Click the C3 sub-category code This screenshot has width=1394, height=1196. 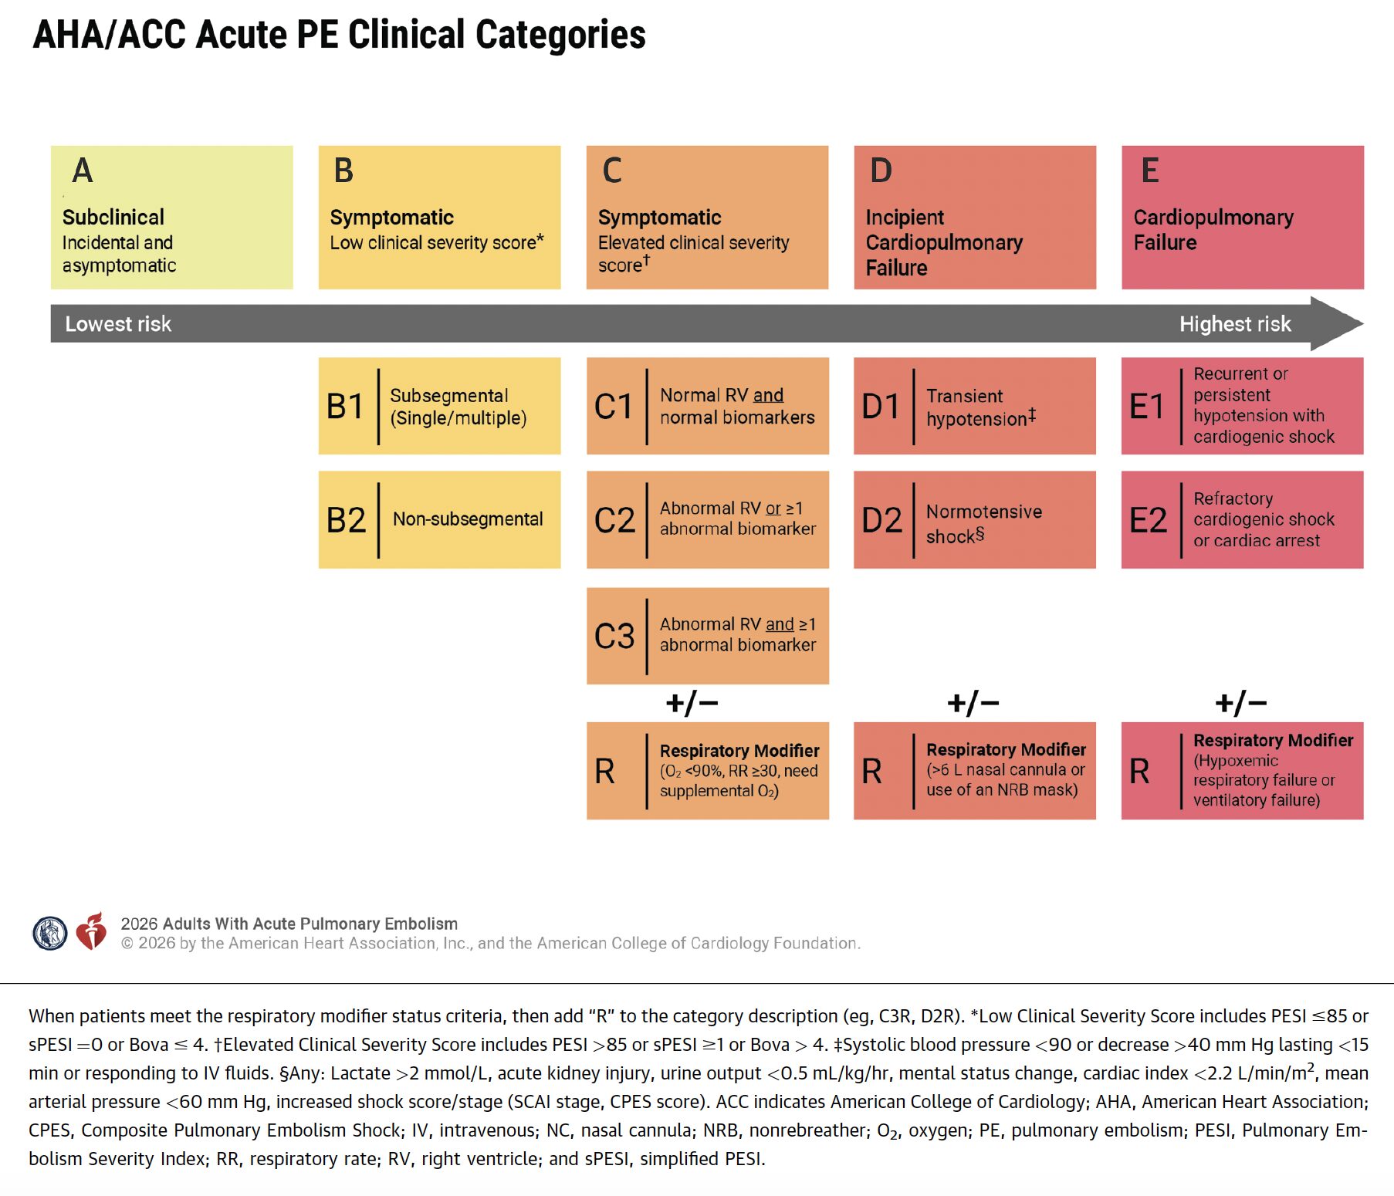(614, 636)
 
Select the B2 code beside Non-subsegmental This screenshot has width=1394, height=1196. (346, 520)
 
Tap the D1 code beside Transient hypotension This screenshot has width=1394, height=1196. (881, 407)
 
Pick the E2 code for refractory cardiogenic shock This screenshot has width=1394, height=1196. (1148, 520)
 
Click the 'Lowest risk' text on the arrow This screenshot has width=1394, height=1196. (118, 324)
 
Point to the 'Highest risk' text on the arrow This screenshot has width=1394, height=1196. (1234, 324)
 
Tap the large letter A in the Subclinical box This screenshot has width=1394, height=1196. (83, 171)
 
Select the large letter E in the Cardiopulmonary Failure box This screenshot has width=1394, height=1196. (1149, 171)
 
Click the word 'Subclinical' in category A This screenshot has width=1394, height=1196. (113, 218)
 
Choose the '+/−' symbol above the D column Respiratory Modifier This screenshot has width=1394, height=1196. (973, 703)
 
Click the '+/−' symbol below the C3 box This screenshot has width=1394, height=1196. (692, 703)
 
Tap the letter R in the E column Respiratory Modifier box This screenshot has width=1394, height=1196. (1139, 771)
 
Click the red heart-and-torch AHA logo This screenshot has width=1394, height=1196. (91, 931)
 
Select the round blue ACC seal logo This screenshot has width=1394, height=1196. (50, 933)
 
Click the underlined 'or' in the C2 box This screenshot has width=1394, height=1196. (773, 508)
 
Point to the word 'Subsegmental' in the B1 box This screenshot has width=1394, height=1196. (448, 396)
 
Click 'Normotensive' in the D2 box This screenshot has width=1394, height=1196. (983, 512)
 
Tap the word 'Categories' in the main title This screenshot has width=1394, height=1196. (560, 35)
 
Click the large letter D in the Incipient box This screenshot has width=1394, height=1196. (881, 171)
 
